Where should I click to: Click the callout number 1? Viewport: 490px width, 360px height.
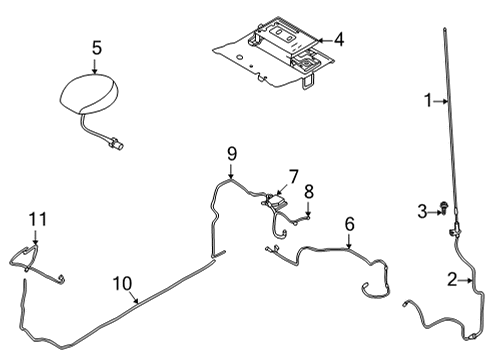tap(429, 100)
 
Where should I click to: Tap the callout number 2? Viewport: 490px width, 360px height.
tap(452, 280)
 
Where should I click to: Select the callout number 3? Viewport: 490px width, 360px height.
tap(422, 211)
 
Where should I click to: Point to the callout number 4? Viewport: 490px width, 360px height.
tap(339, 40)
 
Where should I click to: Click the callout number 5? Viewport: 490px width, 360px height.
tap(96, 48)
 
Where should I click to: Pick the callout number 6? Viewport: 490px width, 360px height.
tap(349, 224)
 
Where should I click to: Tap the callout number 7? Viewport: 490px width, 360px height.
tap(293, 177)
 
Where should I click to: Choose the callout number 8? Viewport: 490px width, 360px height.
tap(309, 192)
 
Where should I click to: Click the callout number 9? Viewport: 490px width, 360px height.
tap(232, 154)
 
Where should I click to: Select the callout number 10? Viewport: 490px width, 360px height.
tap(122, 284)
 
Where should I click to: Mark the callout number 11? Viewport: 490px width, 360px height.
tap(38, 220)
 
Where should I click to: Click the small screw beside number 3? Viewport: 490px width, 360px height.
tap(444, 207)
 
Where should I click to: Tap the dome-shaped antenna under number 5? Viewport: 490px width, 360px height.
tap(89, 94)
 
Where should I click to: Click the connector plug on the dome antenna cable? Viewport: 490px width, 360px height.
tap(116, 144)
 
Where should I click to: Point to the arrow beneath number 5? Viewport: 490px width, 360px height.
tap(95, 66)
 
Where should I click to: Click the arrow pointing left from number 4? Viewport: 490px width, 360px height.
tap(324, 40)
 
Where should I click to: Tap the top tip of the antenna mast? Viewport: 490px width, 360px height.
tap(445, 29)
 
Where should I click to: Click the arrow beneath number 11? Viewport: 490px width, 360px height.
tap(35, 238)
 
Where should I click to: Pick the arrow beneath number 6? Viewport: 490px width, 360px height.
tap(349, 241)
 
